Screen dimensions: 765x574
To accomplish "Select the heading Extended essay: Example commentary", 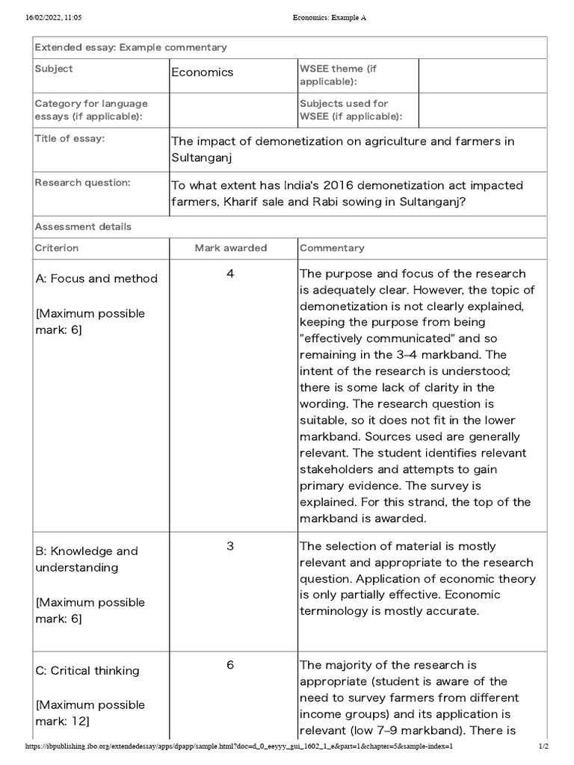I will [131, 47].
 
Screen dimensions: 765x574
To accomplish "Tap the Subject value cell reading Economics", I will [203, 72].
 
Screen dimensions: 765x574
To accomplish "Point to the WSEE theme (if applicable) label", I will [339, 75].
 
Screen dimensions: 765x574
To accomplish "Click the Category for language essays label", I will [91, 110].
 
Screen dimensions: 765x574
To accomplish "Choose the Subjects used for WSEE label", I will [351, 110].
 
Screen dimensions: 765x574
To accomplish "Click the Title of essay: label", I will [70, 138].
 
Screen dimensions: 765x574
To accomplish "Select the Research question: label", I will [83, 182].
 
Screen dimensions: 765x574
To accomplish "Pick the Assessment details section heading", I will [83, 226].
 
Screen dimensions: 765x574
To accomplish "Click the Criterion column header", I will [57, 247].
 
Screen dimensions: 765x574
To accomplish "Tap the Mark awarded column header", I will [231, 247].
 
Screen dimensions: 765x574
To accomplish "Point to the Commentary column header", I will [332, 247].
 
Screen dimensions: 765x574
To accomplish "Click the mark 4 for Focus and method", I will [230, 273].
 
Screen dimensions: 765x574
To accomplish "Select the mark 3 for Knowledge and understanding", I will [230, 546].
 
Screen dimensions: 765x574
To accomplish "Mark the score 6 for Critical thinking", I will [230, 665].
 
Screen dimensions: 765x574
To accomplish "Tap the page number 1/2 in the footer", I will [543, 746].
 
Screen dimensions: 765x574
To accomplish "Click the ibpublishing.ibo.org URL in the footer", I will [239, 746].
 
